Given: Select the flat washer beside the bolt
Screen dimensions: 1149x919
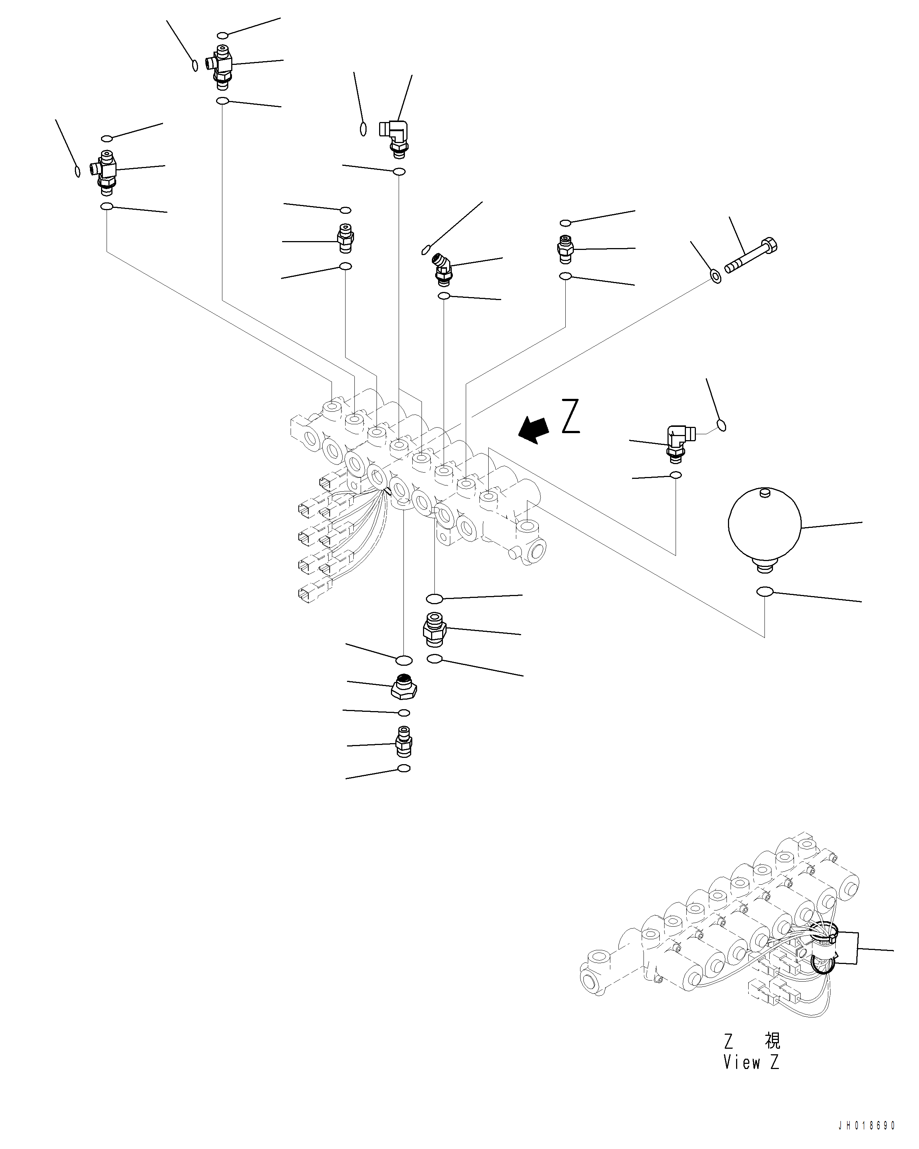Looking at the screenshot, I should [x=716, y=276].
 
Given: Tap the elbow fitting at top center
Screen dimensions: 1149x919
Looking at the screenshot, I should [x=396, y=136].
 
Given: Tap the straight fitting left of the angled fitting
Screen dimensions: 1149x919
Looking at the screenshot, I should [x=346, y=238].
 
